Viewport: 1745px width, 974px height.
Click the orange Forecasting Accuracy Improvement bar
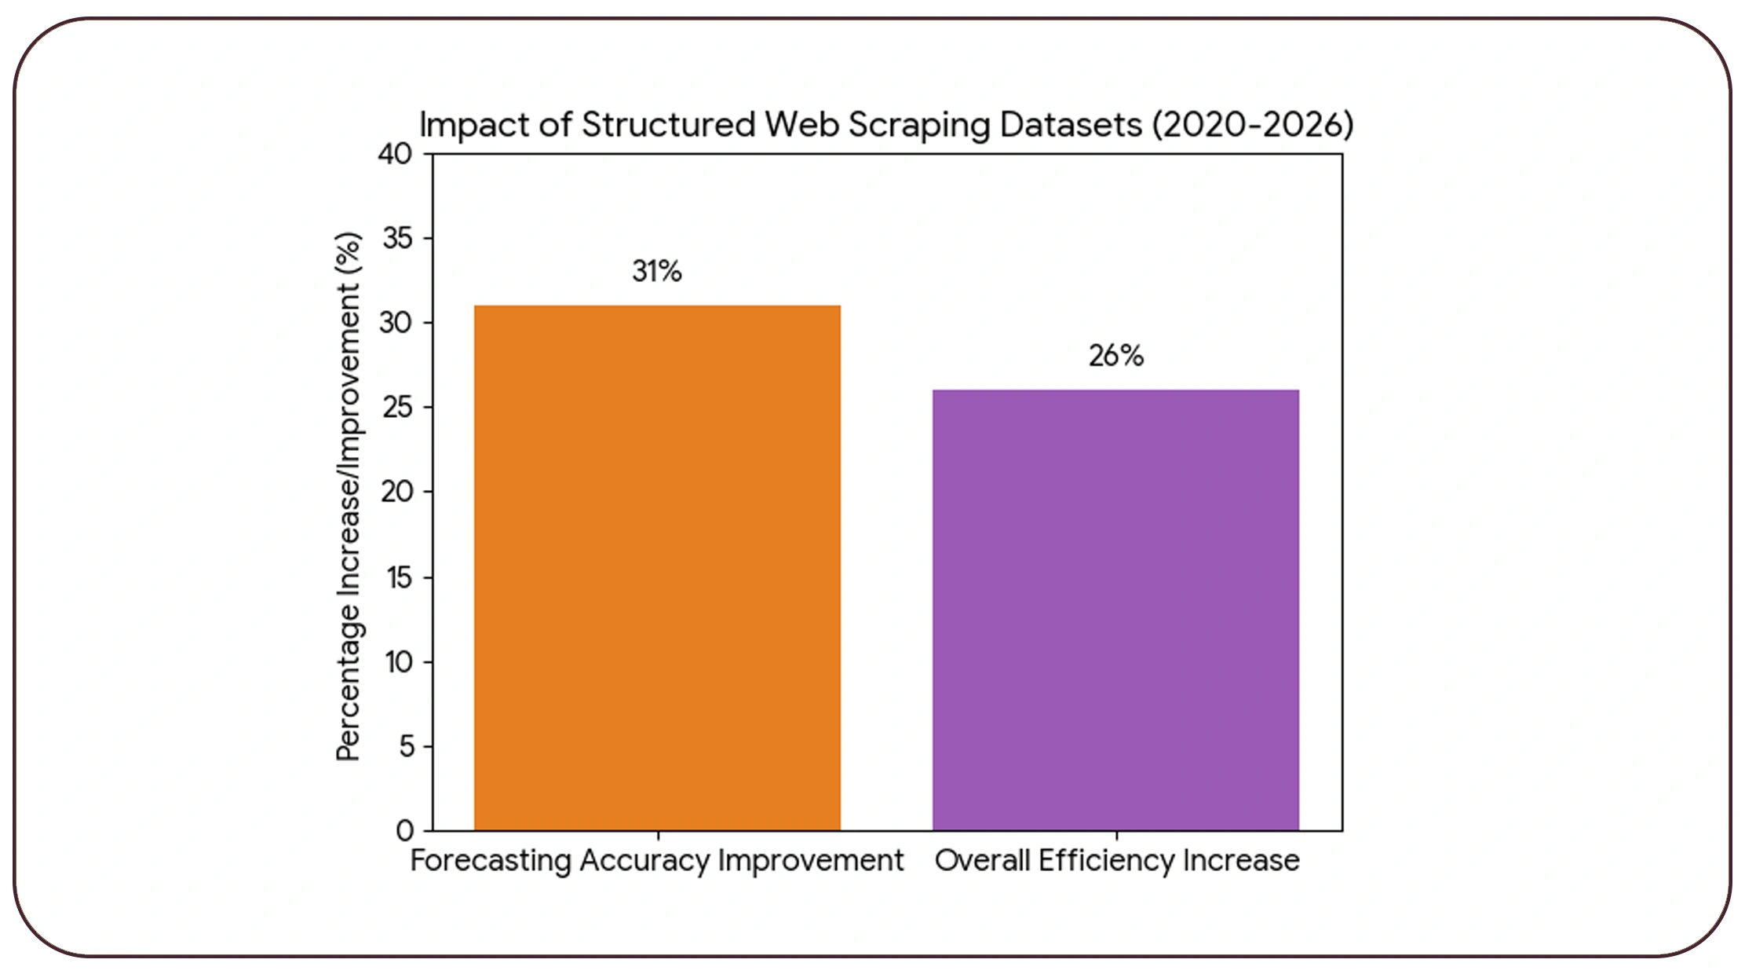click(x=657, y=567)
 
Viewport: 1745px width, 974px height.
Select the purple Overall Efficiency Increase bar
click(x=1115, y=610)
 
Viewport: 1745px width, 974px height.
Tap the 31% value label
click(x=657, y=272)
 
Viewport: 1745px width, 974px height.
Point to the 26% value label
click(x=1115, y=356)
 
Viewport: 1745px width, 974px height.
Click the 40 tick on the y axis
click(x=395, y=154)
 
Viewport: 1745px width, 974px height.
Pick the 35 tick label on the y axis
click(x=397, y=238)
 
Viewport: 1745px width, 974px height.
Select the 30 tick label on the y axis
click(x=396, y=323)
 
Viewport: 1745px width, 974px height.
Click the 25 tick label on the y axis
click(x=397, y=408)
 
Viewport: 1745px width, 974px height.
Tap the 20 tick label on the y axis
click(x=396, y=492)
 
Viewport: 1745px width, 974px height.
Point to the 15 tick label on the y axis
click(x=399, y=578)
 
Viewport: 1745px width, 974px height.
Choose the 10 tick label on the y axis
click(x=398, y=662)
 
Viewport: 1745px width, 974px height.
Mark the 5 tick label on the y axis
click(x=406, y=746)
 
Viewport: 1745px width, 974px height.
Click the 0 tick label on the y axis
click(x=405, y=830)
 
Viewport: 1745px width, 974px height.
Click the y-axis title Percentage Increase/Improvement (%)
click(x=348, y=496)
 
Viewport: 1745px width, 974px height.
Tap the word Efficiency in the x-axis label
click(x=1107, y=861)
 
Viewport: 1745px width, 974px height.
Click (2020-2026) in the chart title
click(x=1253, y=125)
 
